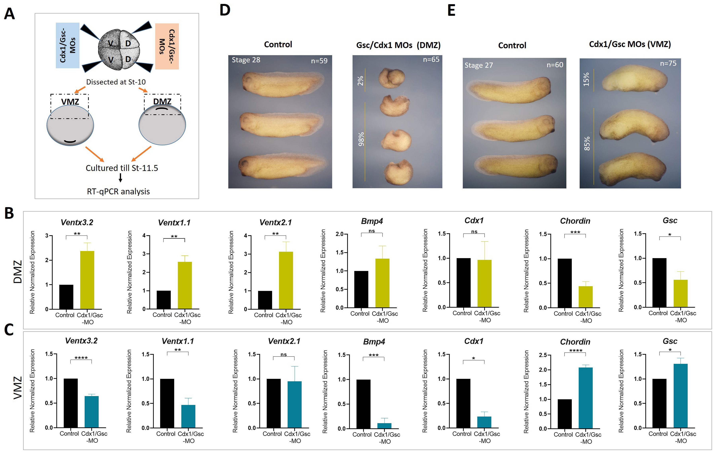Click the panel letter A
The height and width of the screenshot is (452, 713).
[10, 14]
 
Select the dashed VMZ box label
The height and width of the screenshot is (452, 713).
[70, 102]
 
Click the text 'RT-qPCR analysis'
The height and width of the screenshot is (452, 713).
[118, 191]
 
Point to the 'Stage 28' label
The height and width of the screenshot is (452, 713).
[246, 60]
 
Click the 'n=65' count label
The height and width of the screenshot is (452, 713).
[431, 60]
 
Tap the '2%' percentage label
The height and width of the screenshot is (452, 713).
[360, 81]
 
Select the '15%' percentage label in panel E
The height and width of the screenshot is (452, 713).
[586, 79]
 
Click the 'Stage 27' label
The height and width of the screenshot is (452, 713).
[479, 65]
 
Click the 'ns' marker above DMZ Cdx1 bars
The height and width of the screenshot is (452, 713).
[474, 231]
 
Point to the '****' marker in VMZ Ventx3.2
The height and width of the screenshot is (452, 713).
[81, 358]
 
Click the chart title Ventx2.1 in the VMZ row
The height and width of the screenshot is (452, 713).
[284, 341]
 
